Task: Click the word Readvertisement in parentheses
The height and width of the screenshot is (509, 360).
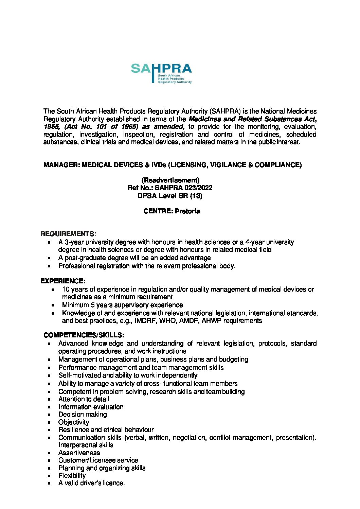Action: (x=170, y=180)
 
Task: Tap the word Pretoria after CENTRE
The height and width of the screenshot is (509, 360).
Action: (x=187, y=211)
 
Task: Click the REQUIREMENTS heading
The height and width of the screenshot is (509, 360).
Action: (x=68, y=234)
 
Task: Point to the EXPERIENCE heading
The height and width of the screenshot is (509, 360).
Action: (x=62, y=281)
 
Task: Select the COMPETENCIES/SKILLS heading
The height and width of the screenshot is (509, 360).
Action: (x=84, y=335)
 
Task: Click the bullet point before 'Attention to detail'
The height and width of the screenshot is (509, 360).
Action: (x=50, y=400)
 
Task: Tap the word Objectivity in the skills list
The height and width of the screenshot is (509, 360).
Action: (x=74, y=422)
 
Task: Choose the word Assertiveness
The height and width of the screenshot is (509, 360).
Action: (x=79, y=453)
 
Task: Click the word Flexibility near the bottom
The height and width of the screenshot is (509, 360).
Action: (x=72, y=476)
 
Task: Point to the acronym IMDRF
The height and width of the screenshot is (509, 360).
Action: (x=146, y=321)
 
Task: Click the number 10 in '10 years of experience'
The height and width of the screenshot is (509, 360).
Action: (x=66, y=289)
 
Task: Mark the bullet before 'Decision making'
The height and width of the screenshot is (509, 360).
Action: (x=50, y=415)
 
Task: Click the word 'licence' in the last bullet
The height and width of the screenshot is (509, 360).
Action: (x=113, y=483)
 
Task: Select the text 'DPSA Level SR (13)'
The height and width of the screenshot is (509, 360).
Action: (x=170, y=196)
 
